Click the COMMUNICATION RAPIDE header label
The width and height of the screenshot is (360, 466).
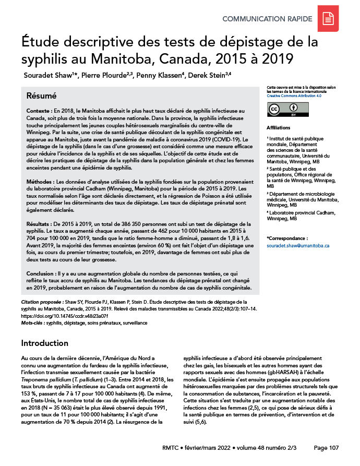point(267,19)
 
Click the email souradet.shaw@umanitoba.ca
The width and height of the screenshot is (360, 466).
point(297,245)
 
